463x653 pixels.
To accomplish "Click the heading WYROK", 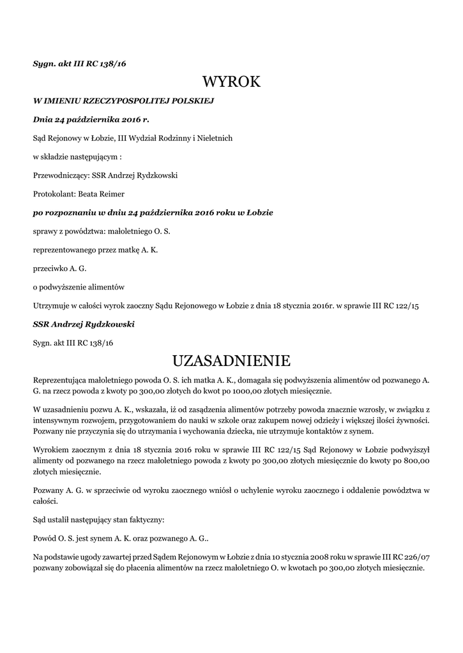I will pyautogui.click(x=231, y=82).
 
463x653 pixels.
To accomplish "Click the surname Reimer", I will pyautogui.click(x=110, y=194).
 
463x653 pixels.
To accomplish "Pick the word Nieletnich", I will pyautogui.click(x=213, y=138).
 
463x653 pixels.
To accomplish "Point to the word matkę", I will pyautogui.click(x=124, y=249).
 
